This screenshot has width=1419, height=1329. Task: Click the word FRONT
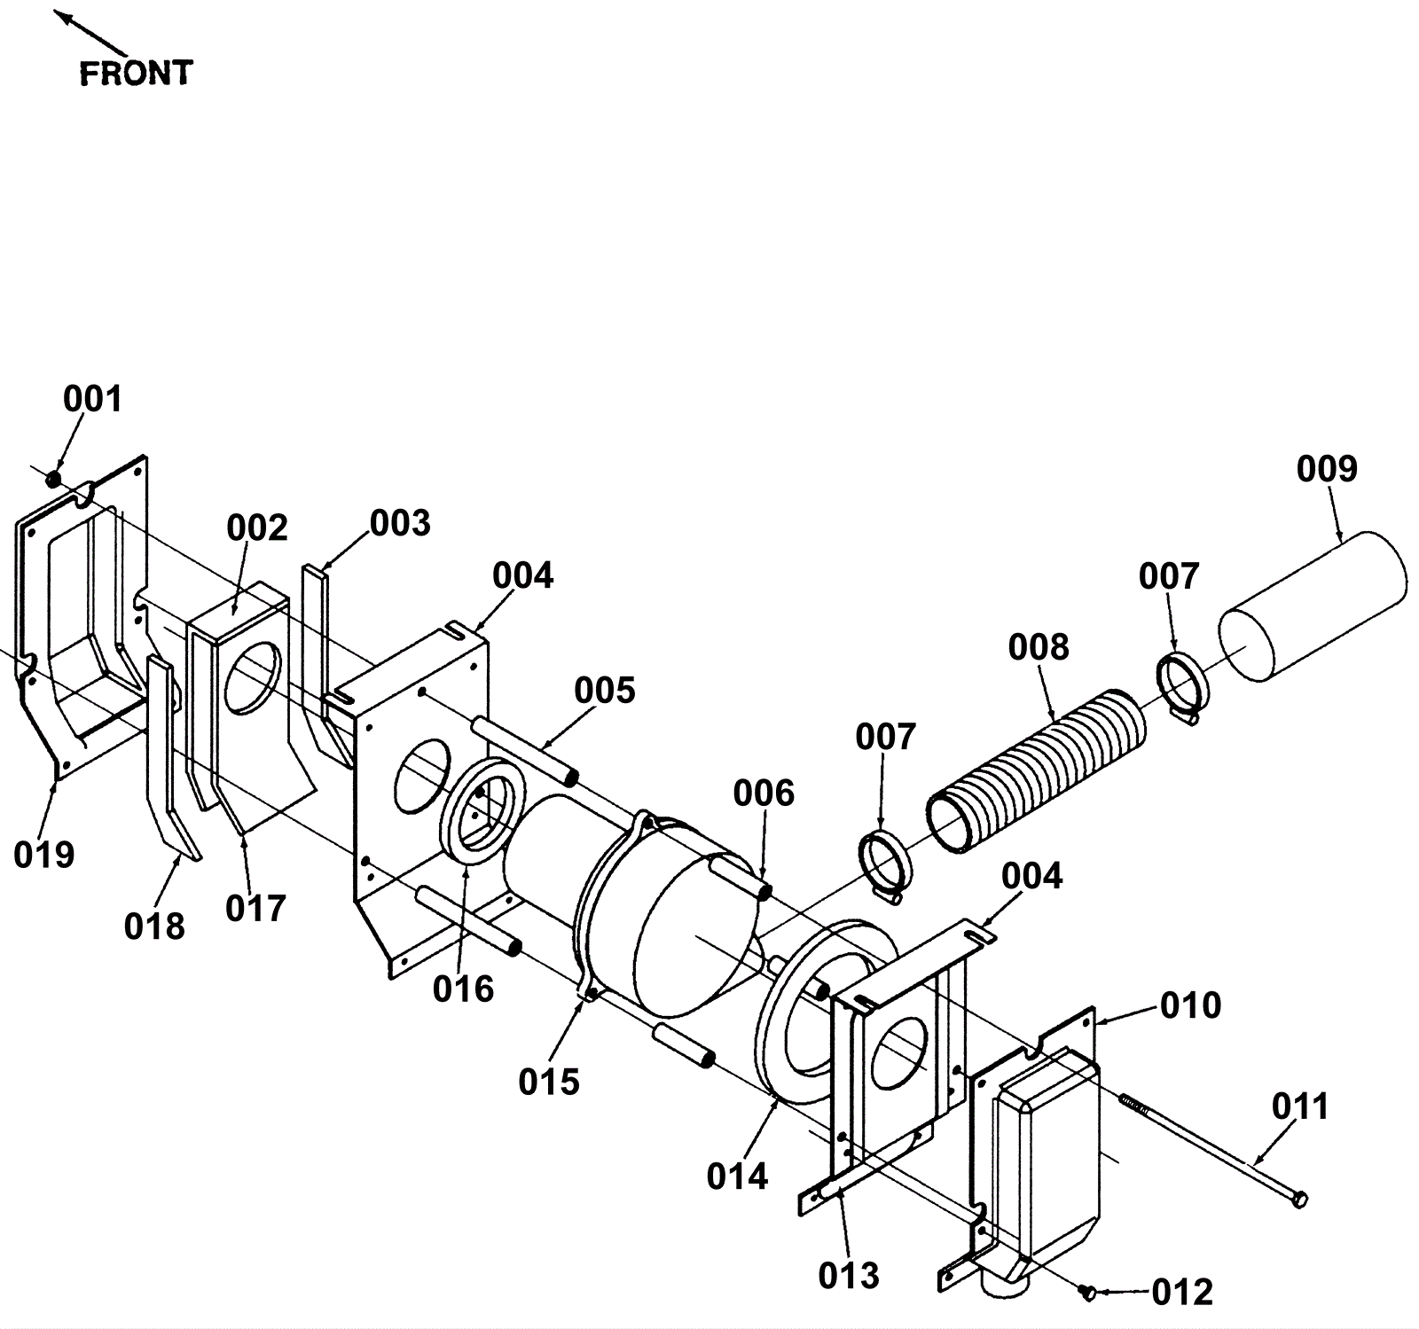[x=136, y=74]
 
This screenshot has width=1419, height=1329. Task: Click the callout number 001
[x=92, y=400]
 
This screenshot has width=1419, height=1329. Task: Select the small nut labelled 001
[x=53, y=479]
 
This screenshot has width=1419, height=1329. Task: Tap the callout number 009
[x=1327, y=469]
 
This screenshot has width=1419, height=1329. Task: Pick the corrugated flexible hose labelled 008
[x=1038, y=771]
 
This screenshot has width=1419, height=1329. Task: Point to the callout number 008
[x=1039, y=648]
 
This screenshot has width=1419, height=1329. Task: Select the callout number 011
[x=1300, y=1106]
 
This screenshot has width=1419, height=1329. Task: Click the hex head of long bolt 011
[x=1299, y=1200]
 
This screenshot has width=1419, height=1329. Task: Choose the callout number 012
[x=1182, y=1293]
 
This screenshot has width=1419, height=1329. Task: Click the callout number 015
[x=549, y=1082]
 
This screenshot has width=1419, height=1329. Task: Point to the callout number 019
[x=44, y=855]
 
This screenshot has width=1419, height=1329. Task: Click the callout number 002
[x=257, y=528]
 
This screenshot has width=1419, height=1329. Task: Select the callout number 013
[x=850, y=1275]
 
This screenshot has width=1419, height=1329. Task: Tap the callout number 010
[x=1191, y=1005]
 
